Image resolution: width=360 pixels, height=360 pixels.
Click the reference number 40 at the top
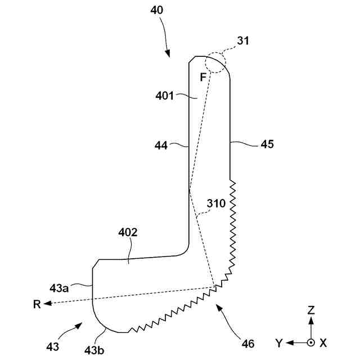158,10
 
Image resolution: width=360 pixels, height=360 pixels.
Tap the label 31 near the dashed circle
243,40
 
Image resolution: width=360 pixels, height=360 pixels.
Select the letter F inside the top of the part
204,77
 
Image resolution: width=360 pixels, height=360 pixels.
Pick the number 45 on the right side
267,144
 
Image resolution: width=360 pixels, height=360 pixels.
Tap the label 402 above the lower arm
128,232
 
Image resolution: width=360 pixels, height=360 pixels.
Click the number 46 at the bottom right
247,343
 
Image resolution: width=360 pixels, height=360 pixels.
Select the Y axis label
279,343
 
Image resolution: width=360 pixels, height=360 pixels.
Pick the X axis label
323,343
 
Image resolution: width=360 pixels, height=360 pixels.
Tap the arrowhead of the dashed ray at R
48,304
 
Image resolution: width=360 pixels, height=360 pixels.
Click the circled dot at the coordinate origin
310,342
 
